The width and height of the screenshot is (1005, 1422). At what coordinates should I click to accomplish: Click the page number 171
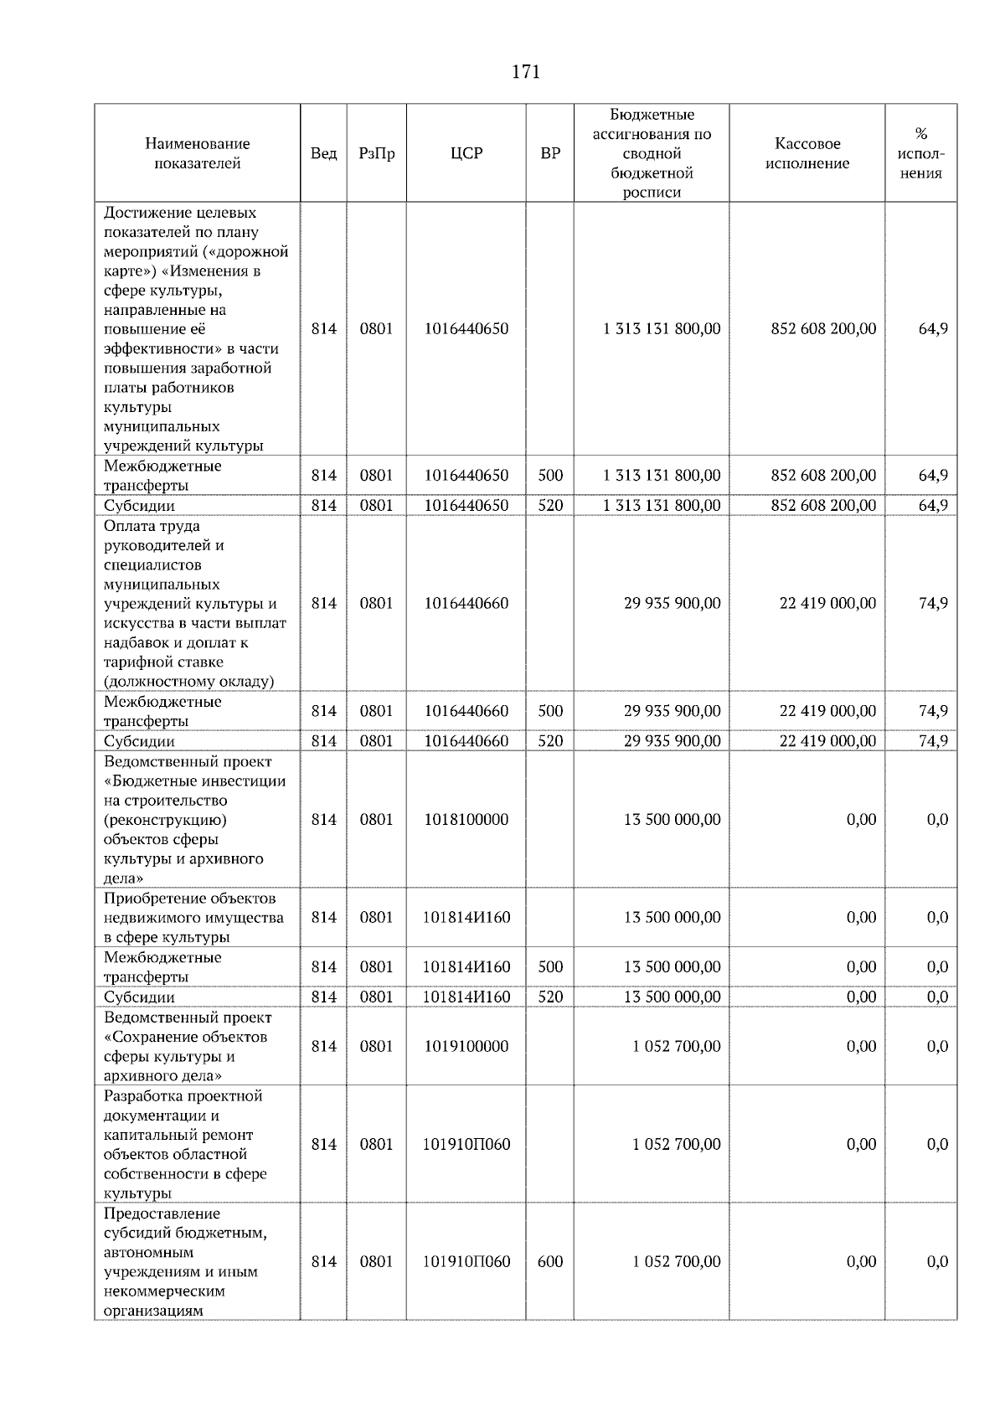pos(525,72)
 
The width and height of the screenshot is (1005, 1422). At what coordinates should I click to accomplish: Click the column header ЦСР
pos(466,153)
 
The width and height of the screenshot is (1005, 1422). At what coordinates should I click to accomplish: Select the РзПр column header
pos(376,153)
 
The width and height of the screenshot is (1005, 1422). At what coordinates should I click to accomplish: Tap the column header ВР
pos(550,153)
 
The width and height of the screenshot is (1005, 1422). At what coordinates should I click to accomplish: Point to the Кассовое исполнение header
pos(807,153)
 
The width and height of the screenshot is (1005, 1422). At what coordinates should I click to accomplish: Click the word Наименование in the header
pos(197,143)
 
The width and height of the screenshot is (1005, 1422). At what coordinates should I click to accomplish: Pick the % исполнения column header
pos(920,153)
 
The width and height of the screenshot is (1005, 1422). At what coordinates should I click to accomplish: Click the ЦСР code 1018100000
pos(466,819)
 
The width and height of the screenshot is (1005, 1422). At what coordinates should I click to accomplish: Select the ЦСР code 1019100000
pos(466,1046)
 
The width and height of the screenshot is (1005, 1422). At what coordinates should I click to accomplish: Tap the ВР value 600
pos(550,1261)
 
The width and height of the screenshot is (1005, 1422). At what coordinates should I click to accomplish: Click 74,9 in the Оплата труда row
pos(933,603)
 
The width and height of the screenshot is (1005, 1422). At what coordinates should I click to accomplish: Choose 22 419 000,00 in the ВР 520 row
pos(827,740)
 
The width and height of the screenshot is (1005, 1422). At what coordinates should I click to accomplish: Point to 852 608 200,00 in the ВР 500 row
pos(823,475)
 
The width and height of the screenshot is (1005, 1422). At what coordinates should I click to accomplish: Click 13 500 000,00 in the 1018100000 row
pos(672,819)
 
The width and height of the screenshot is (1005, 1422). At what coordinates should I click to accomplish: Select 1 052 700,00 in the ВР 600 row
pos(676,1261)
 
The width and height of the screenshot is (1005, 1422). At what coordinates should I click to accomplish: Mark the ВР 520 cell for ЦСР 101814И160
pos(550,997)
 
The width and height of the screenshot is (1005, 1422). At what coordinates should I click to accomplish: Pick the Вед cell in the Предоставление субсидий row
pos(323,1261)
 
